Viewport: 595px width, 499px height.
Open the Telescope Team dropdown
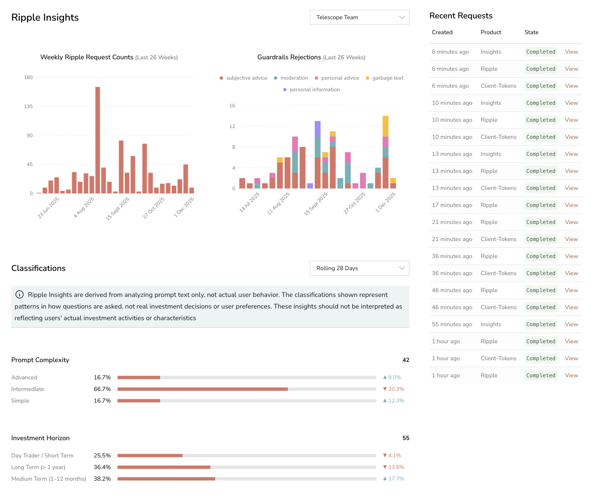tap(359, 17)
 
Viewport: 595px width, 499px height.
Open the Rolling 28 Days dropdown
tap(359, 268)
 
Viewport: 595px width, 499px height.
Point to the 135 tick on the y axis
tap(28, 106)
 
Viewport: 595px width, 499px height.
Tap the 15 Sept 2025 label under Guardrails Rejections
tap(316, 204)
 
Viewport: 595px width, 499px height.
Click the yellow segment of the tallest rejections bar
tap(385, 126)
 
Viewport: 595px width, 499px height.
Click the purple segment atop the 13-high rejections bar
tap(318, 129)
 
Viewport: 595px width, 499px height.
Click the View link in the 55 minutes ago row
tap(571, 324)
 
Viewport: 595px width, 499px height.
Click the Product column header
tap(491, 32)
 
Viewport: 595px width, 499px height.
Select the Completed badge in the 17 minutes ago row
tap(541, 205)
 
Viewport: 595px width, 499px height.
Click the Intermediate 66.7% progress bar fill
tap(203, 389)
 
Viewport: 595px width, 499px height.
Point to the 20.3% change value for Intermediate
tap(394, 389)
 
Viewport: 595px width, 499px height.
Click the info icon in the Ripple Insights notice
tap(19, 294)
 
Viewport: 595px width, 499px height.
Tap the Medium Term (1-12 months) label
tap(48, 479)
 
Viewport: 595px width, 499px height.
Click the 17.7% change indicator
tap(394, 479)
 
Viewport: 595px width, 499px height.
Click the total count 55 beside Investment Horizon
tap(406, 438)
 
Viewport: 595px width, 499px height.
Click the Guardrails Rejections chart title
tap(289, 57)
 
